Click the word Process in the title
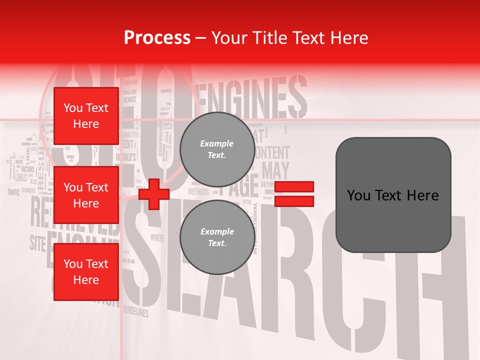coord(157,37)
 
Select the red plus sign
coord(154,194)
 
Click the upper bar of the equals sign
coord(294,187)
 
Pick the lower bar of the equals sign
coord(294,201)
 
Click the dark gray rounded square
coord(393,195)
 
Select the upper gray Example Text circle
coord(217,149)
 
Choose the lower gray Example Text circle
coord(217,237)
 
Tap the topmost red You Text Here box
coord(86,116)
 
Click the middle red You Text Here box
coord(86,195)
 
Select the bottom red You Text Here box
coord(86,272)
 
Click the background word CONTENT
coord(272,152)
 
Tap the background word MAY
coord(275,170)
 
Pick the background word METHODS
coord(198,192)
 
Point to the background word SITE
coord(37,243)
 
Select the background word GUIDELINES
coord(136,312)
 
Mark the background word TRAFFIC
coord(13,191)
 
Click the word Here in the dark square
coord(423,195)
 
